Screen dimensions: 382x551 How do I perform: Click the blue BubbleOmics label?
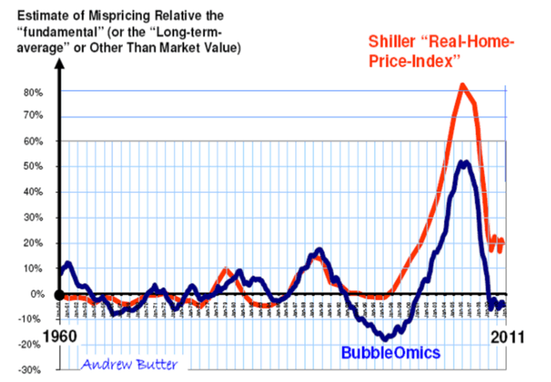point(390,352)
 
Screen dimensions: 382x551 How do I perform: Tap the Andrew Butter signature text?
point(129,363)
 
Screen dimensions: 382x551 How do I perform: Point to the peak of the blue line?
point(465,162)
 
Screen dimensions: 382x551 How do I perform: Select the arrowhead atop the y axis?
point(59,67)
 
